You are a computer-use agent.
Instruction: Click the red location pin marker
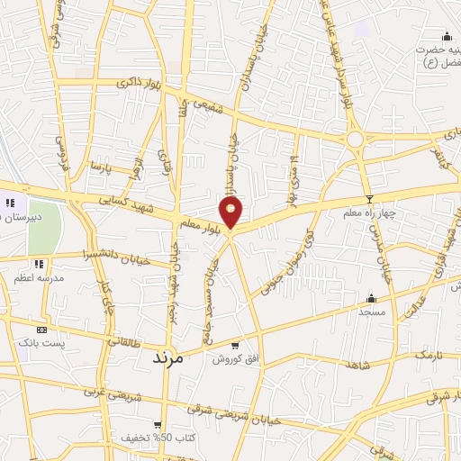tap(232, 212)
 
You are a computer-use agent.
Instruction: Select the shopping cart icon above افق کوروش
tap(236, 345)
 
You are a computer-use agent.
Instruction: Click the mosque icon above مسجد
tap(371, 298)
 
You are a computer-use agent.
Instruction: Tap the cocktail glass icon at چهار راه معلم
tap(368, 199)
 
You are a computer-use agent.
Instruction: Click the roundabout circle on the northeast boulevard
tap(355, 139)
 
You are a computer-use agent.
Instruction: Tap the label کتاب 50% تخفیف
tap(156, 438)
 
